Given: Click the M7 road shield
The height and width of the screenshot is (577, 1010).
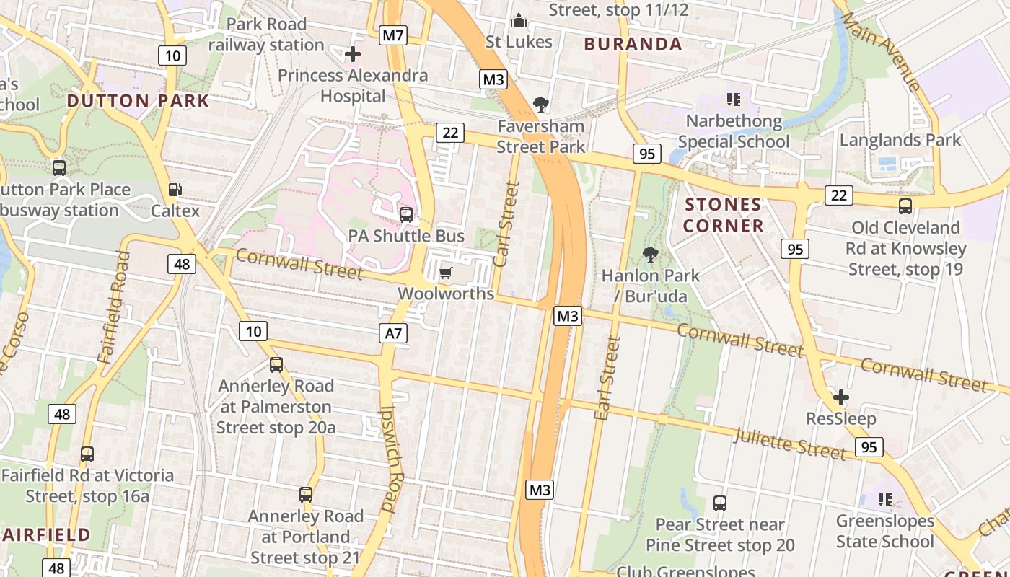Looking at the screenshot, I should [x=393, y=35].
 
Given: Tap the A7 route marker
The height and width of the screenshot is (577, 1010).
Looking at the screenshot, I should [x=393, y=332].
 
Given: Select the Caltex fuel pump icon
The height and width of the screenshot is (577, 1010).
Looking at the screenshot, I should [x=175, y=190].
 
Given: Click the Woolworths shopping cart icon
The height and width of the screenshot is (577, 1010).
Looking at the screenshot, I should [x=446, y=273].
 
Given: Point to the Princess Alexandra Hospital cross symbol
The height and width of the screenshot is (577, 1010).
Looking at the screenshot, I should [x=353, y=54].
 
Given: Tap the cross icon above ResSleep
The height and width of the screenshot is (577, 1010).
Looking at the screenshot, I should [x=840, y=397].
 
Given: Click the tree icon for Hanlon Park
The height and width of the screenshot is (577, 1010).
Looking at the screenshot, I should [x=650, y=254].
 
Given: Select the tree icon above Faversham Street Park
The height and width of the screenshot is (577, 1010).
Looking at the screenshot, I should [x=540, y=105].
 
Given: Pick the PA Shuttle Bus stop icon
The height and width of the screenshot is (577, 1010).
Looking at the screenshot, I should [x=406, y=214].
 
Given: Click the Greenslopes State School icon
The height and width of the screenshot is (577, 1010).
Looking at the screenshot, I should [x=885, y=499].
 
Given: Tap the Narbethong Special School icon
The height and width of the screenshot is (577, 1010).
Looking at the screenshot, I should [x=734, y=100].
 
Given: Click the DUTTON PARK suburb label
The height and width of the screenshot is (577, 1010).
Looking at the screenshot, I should [x=138, y=101].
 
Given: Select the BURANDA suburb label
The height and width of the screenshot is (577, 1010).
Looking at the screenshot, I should [x=633, y=44].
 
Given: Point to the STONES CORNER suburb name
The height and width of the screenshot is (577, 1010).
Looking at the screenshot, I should [x=723, y=215].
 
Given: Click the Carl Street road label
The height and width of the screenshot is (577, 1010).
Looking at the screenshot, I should [x=506, y=224].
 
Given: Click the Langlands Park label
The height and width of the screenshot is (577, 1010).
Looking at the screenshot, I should [x=900, y=140].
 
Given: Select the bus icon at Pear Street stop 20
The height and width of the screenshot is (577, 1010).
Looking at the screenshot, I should [x=719, y=503].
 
